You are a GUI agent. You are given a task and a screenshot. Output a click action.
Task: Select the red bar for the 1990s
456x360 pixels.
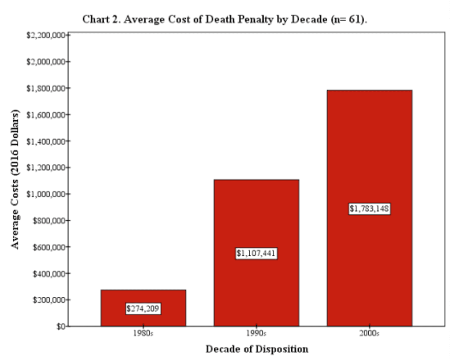(256, 214)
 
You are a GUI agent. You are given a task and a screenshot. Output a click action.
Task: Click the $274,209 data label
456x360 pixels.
(143, 308)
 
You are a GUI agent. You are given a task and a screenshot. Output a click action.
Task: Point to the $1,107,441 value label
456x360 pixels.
(256, 254)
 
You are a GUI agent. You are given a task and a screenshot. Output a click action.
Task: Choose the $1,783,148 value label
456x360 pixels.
(370, 209)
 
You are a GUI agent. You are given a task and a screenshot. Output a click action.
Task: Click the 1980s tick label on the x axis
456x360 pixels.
(143, 333)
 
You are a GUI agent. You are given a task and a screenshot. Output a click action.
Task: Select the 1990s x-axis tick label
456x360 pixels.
(256, 333)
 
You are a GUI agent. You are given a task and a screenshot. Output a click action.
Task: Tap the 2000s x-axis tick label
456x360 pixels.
(370, 333)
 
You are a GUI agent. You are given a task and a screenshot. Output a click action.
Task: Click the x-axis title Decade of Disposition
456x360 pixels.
(256, 348)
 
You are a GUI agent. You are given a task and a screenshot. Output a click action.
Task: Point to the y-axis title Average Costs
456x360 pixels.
(16, 178)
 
